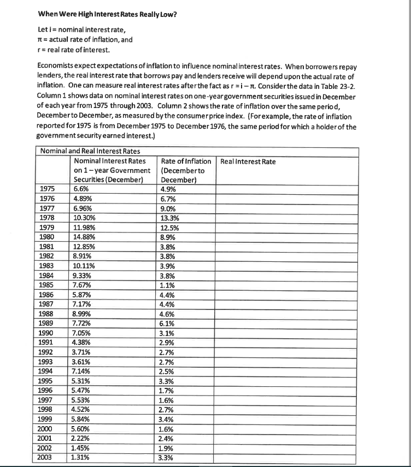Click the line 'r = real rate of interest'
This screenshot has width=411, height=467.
(x=74, y=51)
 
